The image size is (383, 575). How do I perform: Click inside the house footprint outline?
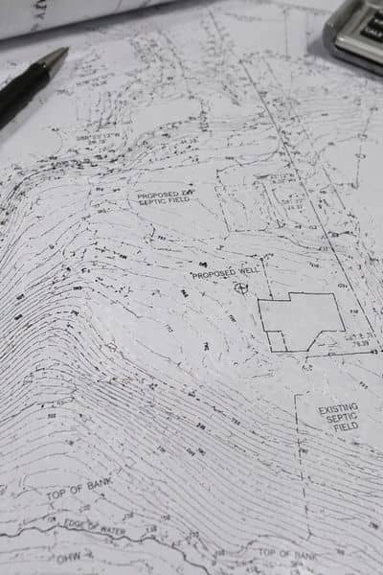tap(300, 319)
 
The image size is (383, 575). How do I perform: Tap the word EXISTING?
tap(338, 410)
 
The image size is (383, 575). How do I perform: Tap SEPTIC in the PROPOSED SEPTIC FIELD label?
tap(153, 204)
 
